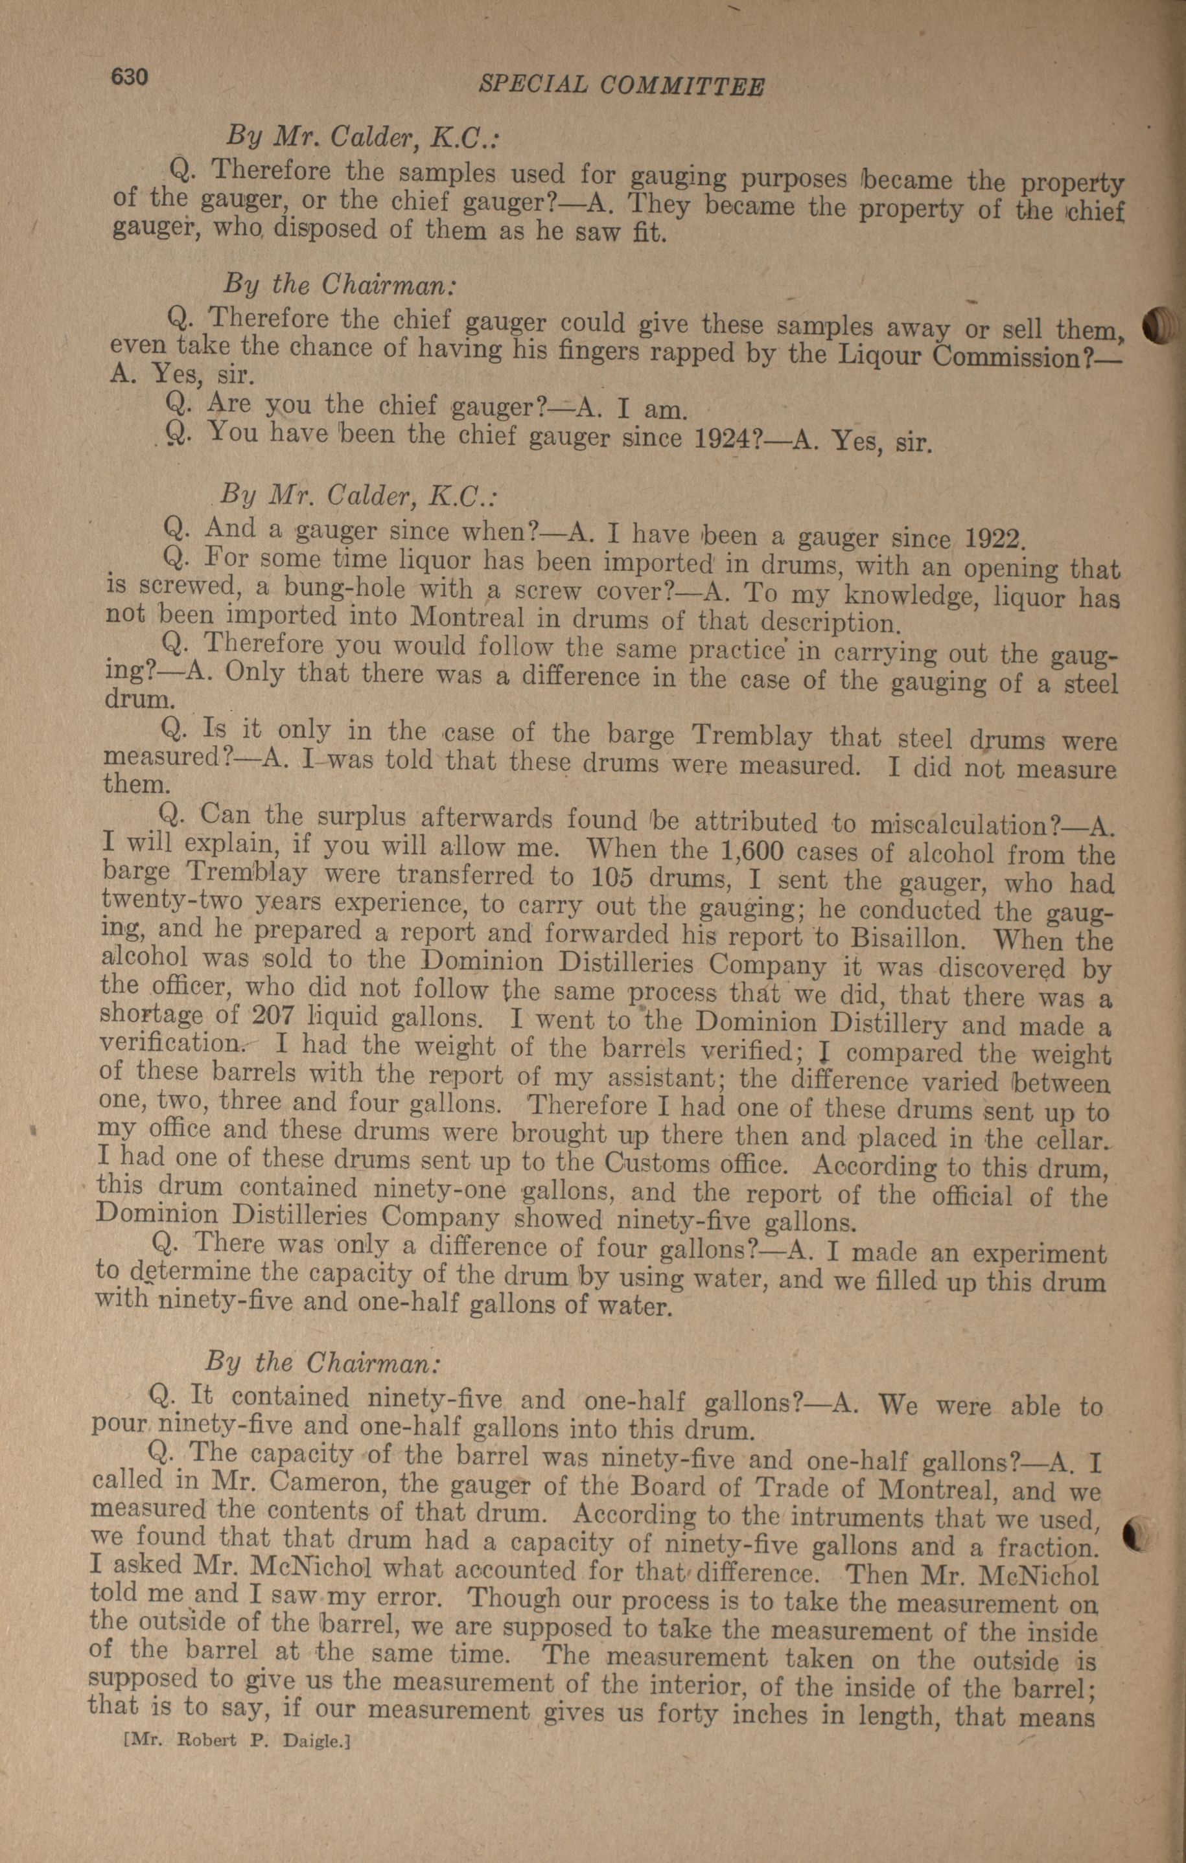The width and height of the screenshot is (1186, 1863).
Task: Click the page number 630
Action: click(129, 78)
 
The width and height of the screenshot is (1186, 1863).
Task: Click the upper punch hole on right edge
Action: click(1159, 326)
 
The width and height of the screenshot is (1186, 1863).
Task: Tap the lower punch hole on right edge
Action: click(1137, 1533)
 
